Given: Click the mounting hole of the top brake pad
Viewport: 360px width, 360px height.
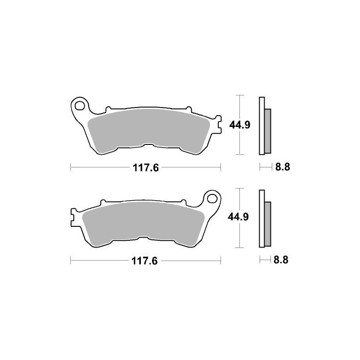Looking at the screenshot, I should click(x=81, y=107).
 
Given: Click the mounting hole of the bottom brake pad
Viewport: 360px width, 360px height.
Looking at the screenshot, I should click(x=211, y=198).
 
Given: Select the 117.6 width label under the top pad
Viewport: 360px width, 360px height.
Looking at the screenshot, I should click(x=145, y=168).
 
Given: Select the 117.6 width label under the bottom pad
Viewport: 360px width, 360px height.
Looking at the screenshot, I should click(x=145, y=261).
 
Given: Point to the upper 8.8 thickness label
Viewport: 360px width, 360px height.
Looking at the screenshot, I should click(x=282, y=167).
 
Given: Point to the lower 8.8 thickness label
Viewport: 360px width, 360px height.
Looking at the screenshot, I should click(x=282, y=260).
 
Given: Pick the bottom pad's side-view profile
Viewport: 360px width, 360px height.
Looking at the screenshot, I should click(x=264, y=219).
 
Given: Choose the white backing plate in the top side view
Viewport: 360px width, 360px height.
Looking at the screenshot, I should click(x=261, y=126).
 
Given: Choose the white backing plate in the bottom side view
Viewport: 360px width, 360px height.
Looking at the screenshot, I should click(x=261, y=219).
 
